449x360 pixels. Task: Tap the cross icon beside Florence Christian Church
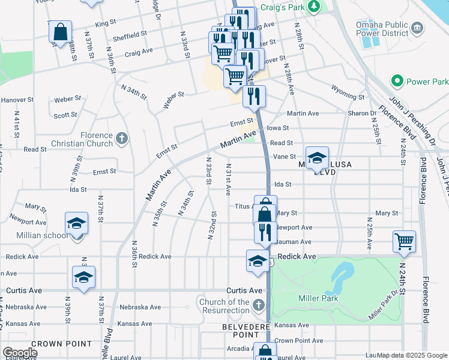(x=121, y=139)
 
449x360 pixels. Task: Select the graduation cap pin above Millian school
(x=77, y=224)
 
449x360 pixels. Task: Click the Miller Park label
(x=318, y=298)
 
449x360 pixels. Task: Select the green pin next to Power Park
(x=397, y=80)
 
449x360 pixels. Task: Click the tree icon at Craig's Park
(x=313, y=6)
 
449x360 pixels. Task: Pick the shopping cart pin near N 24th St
(x=404, y=241)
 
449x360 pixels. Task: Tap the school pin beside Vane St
(x=317, y=158)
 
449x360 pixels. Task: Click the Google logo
(x=20, y=353)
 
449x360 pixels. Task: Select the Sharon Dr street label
(x=360, y=113)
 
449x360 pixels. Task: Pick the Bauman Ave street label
(x=297, y=242)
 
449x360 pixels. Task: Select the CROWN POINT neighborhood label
(x=52, y=344)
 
